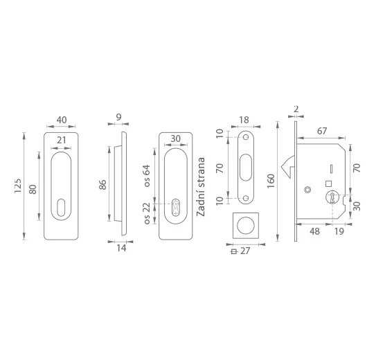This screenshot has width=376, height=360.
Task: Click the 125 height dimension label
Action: click(x=18, y=186)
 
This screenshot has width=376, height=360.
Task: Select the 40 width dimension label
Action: click(x=62, y=120)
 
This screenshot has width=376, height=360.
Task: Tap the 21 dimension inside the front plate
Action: click(x=61, y=140)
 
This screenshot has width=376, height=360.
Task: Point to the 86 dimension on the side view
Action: click(x=102, y=185)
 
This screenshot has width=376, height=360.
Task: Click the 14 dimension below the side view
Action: click(x=121, y=248)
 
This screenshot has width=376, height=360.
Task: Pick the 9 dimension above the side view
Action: click(x=118, y=117)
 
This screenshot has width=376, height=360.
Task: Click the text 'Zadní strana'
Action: click(x=201, y=187)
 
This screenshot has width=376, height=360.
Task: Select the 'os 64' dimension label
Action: click(x=147, y=176)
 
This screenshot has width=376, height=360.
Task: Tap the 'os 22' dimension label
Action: click(x=147, y=213)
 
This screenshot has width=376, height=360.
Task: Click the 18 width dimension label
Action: click(x=244, y=120)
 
